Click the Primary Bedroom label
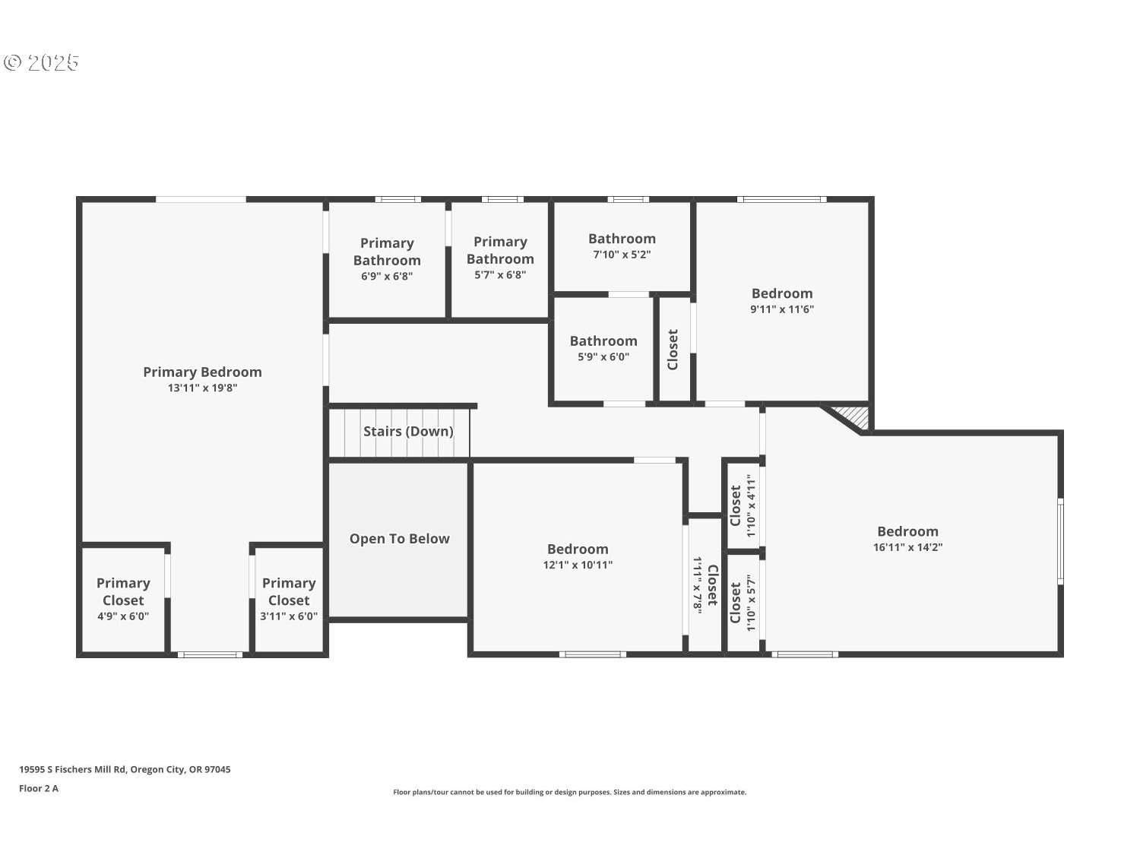tap(202, 372)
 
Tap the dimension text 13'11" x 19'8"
tap(202, 388)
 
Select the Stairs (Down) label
tap(408, 432)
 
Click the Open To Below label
tap(399, 539)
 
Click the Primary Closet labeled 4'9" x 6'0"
tap(123, 599)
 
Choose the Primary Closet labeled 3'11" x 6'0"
tap(289, 599)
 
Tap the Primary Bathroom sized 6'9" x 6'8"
tap(387, 259)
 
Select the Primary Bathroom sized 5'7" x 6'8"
tap(500, 258)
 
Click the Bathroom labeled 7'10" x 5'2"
tap(622, 245)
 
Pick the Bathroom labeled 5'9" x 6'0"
tap(603, 348)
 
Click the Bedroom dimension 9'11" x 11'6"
tap(782, 309)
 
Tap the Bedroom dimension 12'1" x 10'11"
tap(578, 565)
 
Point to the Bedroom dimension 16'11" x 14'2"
tap(907, 547)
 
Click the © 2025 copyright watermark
tap(42, 62)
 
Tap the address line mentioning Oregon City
tap(125, 769)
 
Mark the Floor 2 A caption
tap(39, 788)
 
